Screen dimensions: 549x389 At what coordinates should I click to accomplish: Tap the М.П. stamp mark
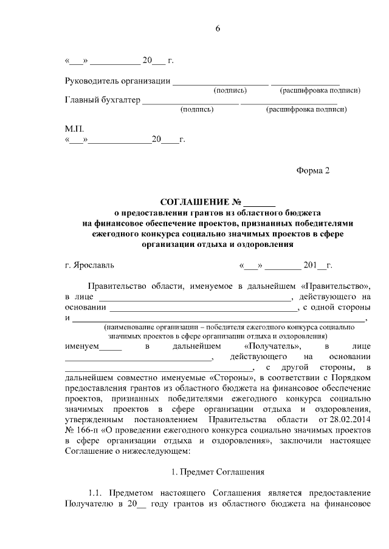(x=74, y=129)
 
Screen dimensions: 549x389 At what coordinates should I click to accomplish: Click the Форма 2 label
(x=312, y=170)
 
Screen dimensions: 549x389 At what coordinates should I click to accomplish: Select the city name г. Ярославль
(x=89, y=265)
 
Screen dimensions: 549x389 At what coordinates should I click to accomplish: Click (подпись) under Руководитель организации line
(x=230, y=91)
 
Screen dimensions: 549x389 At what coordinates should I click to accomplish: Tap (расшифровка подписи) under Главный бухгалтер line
(x=306, y=110)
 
